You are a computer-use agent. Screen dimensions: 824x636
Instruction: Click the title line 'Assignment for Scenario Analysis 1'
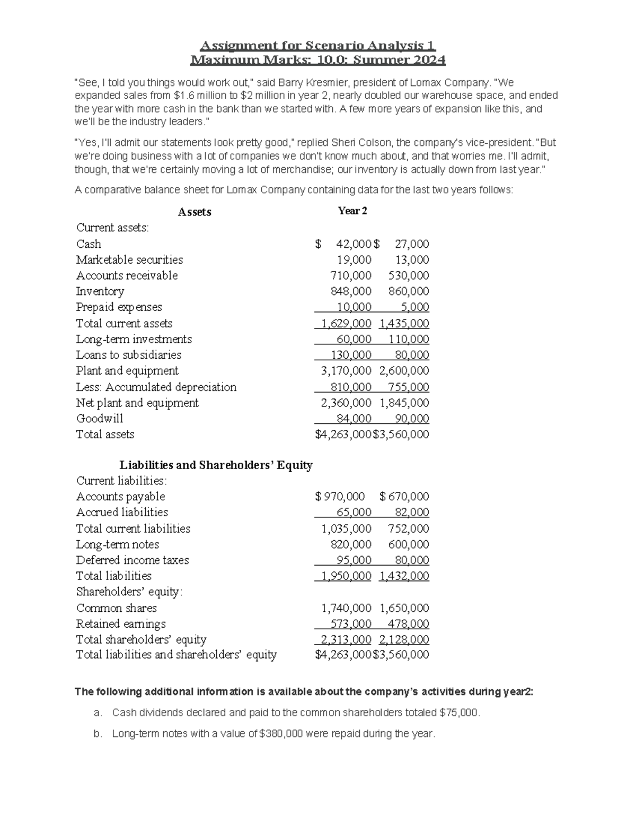coord(317,46)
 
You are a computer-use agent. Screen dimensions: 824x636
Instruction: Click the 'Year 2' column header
coord(352,211)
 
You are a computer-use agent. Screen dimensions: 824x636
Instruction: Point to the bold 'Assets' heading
coord(195,212)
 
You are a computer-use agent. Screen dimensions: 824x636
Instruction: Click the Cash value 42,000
coord(354,244)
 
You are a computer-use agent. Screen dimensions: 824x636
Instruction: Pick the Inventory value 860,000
coord(408,291)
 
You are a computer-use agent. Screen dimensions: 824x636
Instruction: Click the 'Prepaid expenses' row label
coord(119,307)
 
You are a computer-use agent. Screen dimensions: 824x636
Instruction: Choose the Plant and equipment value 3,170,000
coord(346,371)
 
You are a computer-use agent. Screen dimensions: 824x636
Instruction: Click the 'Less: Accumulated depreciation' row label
coord(156,387)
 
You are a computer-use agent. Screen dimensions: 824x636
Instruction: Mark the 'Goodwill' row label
coord(99,419)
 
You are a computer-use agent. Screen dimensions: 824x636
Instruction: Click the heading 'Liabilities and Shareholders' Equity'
coord(216,465)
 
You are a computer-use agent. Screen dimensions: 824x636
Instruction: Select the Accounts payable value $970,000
coord(340,497)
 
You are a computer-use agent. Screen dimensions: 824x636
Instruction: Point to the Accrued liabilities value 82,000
coord(411,513)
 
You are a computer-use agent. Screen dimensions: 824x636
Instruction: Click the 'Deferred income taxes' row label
coord(132,560)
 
